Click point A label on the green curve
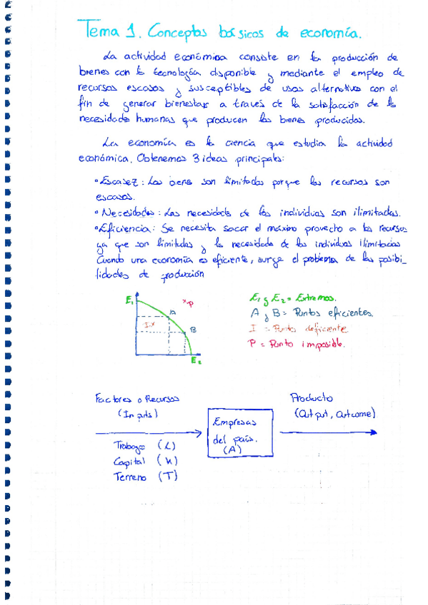tap(174, 312)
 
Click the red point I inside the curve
tap(150, 325)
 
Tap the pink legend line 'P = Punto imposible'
tap(297, 343)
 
